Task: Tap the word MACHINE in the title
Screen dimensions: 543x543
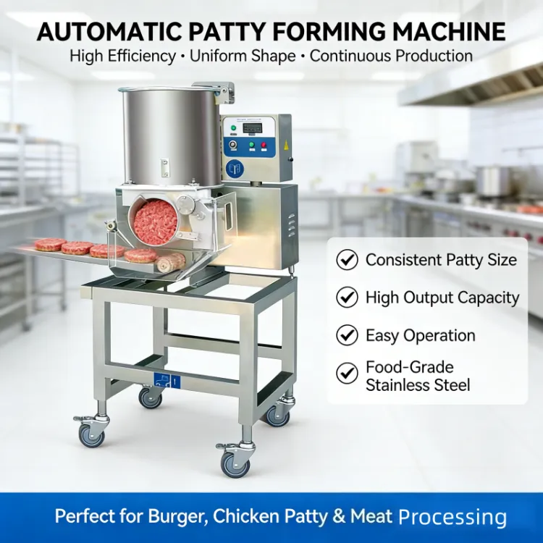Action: click(449, 32)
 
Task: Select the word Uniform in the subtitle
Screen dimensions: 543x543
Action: click(218, 56)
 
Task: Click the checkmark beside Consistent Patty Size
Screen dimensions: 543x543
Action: click(347, 260)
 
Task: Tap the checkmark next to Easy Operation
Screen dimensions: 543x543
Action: click(347, 335)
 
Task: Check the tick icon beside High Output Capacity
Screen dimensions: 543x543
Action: click(347, 297)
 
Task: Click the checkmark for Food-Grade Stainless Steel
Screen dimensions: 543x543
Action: click(347, 374)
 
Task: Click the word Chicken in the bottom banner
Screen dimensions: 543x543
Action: click(246, 516)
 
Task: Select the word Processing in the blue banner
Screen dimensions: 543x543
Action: click(452, 517)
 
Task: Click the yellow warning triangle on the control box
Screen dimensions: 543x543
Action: click(287, 145)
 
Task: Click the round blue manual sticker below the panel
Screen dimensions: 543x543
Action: click(235, 169)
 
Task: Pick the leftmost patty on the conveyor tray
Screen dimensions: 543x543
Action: click(51, 245)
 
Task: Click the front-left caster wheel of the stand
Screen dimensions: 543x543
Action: click(92, 436)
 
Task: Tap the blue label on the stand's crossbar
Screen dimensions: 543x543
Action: click(167, 381)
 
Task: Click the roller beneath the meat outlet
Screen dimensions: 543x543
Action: click(171, 262)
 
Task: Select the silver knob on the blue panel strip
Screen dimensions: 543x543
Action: click(233, 145)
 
